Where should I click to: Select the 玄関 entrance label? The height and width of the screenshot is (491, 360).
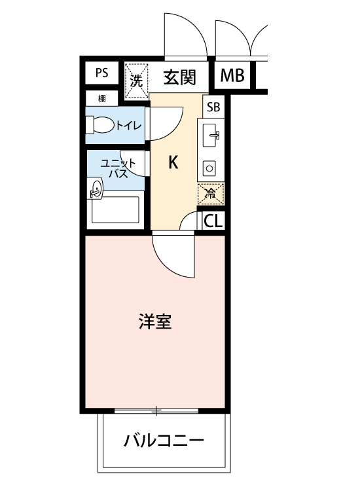179,77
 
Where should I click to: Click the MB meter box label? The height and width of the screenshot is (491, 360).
232,76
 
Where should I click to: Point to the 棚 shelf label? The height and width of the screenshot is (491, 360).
102,99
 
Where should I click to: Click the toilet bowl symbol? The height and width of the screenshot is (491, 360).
100,124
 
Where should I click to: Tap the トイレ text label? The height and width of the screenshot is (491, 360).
128,126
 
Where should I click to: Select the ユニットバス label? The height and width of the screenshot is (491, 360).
117,168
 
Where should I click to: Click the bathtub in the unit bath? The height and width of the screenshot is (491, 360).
115,211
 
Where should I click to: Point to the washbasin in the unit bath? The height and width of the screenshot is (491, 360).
96,190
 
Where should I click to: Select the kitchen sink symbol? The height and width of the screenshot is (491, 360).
211,137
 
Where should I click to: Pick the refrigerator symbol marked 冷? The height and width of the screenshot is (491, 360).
210,194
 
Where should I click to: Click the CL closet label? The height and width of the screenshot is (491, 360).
213,221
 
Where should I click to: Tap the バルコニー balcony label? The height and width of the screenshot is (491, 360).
164,440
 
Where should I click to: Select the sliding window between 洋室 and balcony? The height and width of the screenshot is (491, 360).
157,411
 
